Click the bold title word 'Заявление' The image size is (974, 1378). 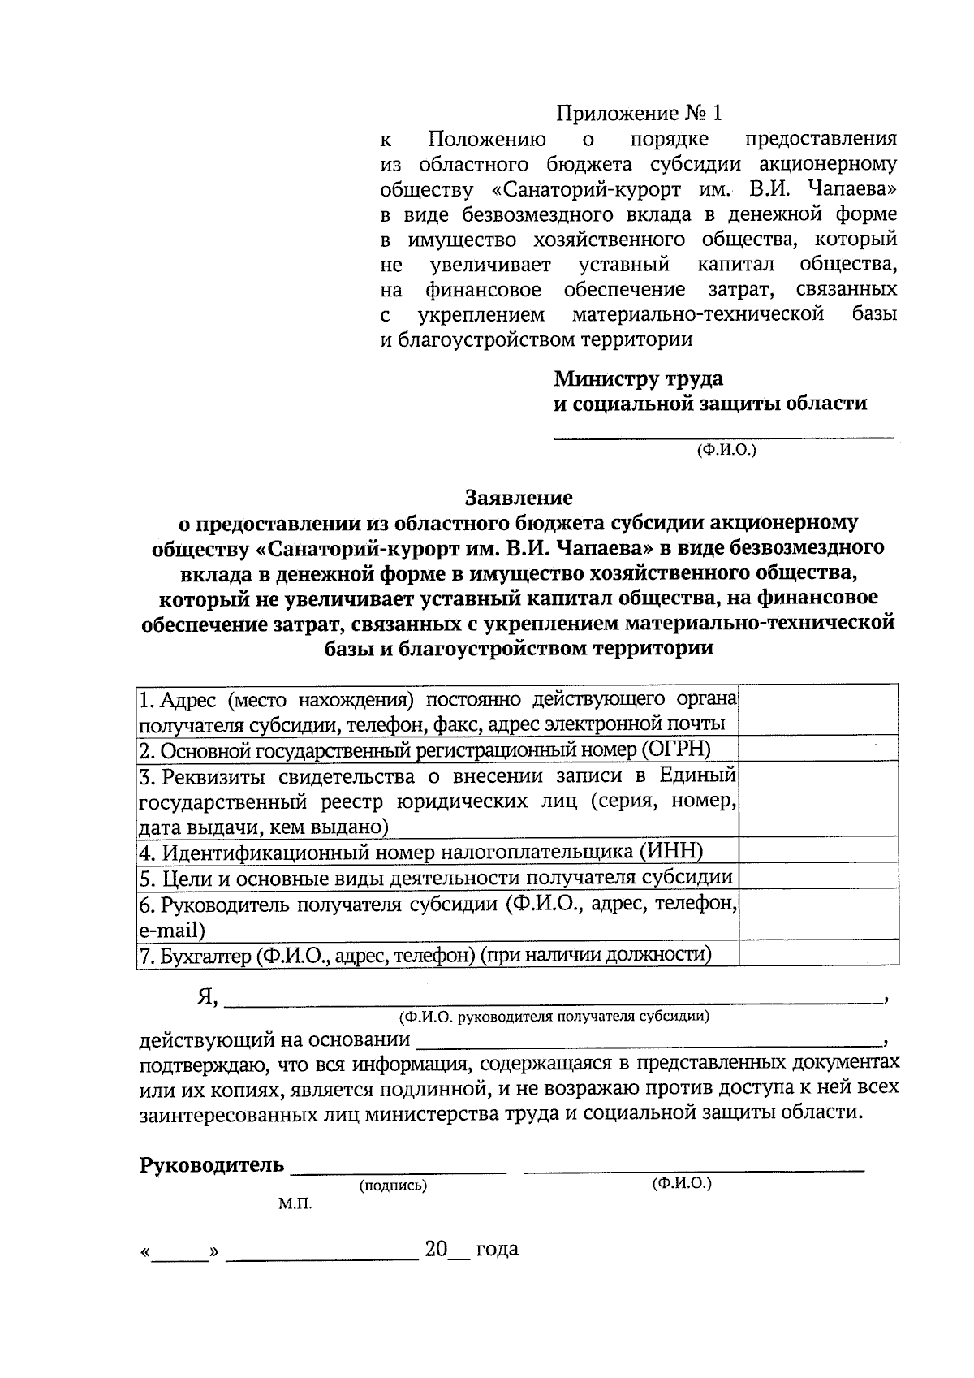pos(519,497)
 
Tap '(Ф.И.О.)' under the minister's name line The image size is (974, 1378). pos(726,449)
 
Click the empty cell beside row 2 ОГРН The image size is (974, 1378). pos(818,748)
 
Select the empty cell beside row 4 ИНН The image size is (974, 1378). pos(818,851)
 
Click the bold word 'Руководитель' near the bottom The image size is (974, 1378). pos(212,1166)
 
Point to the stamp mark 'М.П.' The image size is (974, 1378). pos(295,1205)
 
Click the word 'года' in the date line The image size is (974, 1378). pos(497,1249)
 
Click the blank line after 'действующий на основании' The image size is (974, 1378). pos(649,1043)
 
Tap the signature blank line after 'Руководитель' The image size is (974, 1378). pos(398,1169)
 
